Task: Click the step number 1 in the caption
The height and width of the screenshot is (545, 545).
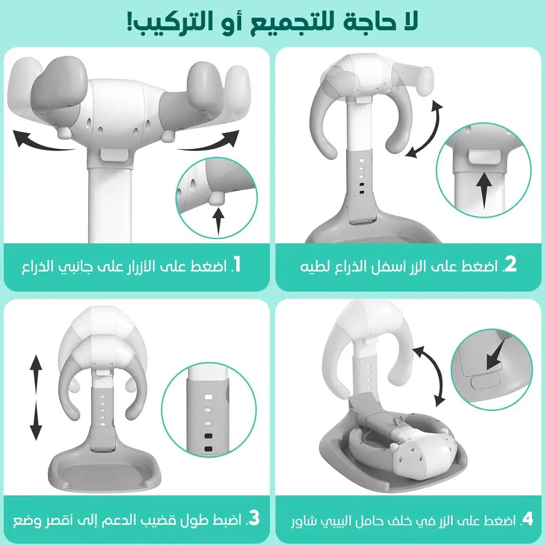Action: point(236,265)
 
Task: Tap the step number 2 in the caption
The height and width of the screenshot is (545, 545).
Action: point(510,265)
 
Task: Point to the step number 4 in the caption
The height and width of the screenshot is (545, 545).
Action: point(527,519)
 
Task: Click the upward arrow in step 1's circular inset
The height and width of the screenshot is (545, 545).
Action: point(219,221)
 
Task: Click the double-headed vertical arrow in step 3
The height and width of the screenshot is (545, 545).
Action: point(35,397)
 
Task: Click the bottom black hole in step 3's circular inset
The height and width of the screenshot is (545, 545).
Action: point(208,449)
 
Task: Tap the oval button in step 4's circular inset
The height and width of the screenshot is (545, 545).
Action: point(486,383)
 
